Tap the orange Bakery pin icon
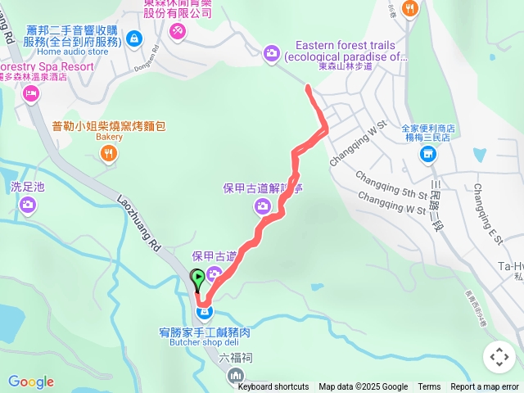[x=110, y=153]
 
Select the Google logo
[x=30, y=382]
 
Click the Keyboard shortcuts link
[x=273, y=386]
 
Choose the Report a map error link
[x=485, y=386]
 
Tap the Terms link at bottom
[x=429, y=386]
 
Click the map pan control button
[x=499, y=357]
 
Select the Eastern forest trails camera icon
[x=271, y=53]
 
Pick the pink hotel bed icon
[x=31, y=94]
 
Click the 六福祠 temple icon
[x=237, y=376]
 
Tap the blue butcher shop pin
[x=205, y=312]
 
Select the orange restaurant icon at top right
[x=410, y=8]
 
